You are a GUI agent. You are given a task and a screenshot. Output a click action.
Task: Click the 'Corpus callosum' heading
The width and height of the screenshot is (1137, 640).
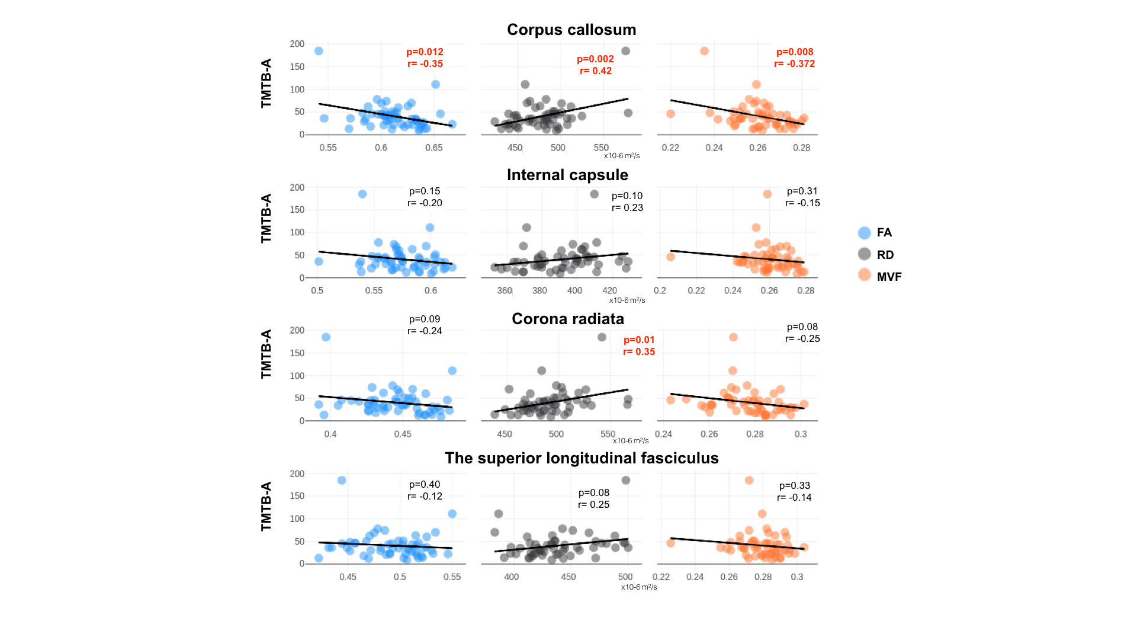(571, 30)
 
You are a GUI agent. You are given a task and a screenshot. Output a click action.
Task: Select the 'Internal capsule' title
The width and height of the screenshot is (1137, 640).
(567, 175)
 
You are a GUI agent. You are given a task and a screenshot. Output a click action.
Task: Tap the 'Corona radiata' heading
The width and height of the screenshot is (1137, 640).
(567, 319)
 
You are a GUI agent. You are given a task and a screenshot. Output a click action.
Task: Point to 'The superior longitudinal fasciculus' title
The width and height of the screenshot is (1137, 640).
(582, 458)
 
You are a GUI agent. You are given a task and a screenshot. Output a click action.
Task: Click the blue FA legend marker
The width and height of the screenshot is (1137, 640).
(865, 233)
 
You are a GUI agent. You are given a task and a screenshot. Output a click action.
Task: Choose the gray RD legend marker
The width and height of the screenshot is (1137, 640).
(865, 254)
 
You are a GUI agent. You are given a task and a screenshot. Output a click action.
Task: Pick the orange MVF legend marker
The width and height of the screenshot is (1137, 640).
(865, 275)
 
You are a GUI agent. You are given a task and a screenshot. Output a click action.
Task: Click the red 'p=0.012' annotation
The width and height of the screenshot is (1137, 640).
(425, 52)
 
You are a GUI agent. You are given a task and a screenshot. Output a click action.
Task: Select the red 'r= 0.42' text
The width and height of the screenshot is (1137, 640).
(596, 71)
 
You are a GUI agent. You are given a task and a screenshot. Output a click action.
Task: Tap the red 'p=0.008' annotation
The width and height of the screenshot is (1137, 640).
(795, 52)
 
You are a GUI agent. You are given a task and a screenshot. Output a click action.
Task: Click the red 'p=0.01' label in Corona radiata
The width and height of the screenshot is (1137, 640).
(639, 340)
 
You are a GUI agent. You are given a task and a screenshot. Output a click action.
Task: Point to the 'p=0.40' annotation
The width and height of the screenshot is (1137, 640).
(425, 485)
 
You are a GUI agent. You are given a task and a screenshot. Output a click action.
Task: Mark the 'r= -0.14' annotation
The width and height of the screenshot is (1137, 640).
(795, 498)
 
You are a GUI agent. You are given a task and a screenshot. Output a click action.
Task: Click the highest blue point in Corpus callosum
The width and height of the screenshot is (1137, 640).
(319, 51)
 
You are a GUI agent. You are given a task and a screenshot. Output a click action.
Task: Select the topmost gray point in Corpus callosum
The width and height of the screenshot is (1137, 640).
(625, 51)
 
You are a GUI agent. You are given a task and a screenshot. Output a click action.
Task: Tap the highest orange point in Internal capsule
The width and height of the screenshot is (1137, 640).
(767, 194)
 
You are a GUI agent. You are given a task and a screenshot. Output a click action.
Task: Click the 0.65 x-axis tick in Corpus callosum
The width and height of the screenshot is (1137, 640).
(433, 148)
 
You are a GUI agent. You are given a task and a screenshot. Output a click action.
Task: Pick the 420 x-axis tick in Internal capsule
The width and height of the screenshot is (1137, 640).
(609, 291)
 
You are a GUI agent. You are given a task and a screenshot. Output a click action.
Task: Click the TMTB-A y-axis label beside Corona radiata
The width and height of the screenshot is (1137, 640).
(266, 354)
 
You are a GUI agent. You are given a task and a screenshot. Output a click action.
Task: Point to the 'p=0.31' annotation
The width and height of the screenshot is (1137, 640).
(802, 191)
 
